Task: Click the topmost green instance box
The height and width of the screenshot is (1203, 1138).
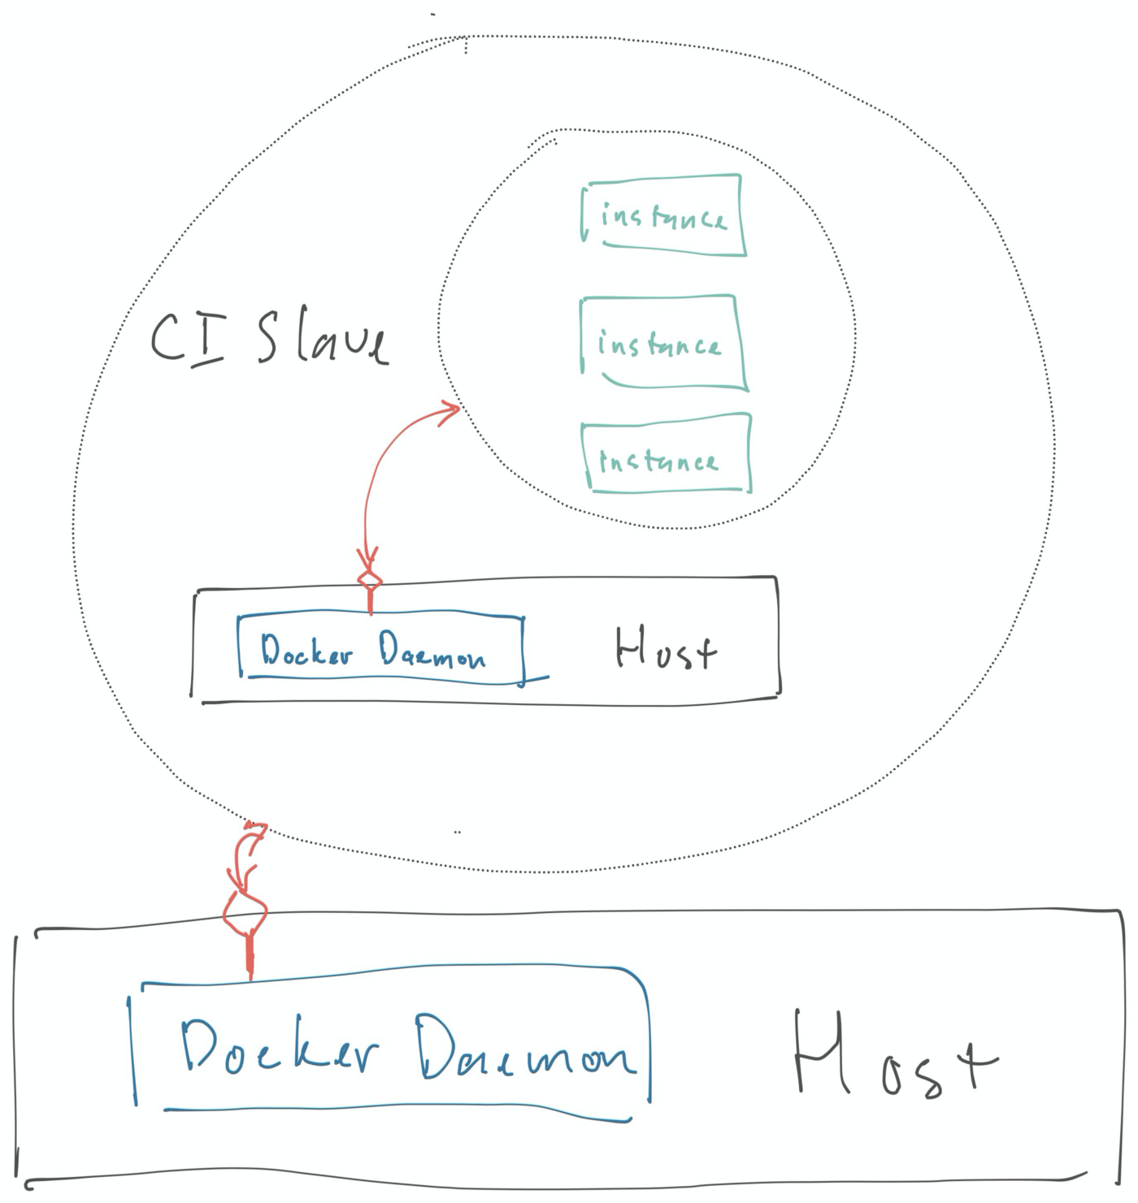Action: (663, 215)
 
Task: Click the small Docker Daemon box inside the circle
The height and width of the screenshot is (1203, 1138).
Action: (380, 649)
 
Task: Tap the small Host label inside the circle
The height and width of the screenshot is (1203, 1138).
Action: (665, 650)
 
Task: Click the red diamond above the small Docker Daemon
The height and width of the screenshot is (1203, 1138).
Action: (370, 580)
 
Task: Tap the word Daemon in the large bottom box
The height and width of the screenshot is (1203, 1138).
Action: (524, 1049)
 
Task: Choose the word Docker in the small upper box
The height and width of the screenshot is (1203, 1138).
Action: (306, 651)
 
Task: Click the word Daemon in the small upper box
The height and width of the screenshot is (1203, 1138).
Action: (432, 651)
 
